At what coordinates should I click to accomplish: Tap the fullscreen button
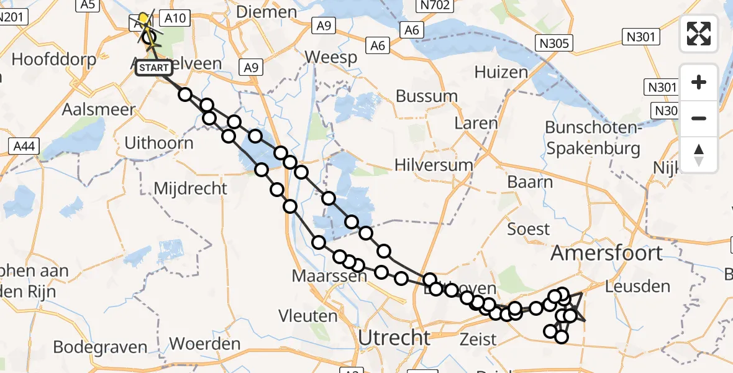[x=699, y=34]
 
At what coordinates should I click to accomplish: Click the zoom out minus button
[x=699, y=118]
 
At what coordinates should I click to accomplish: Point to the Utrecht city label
[x=394, y=338]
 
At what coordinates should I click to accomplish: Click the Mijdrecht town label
[x=190, y=188]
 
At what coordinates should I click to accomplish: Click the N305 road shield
[x=554, y=42]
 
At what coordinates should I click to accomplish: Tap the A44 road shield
[x=25, y=147]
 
